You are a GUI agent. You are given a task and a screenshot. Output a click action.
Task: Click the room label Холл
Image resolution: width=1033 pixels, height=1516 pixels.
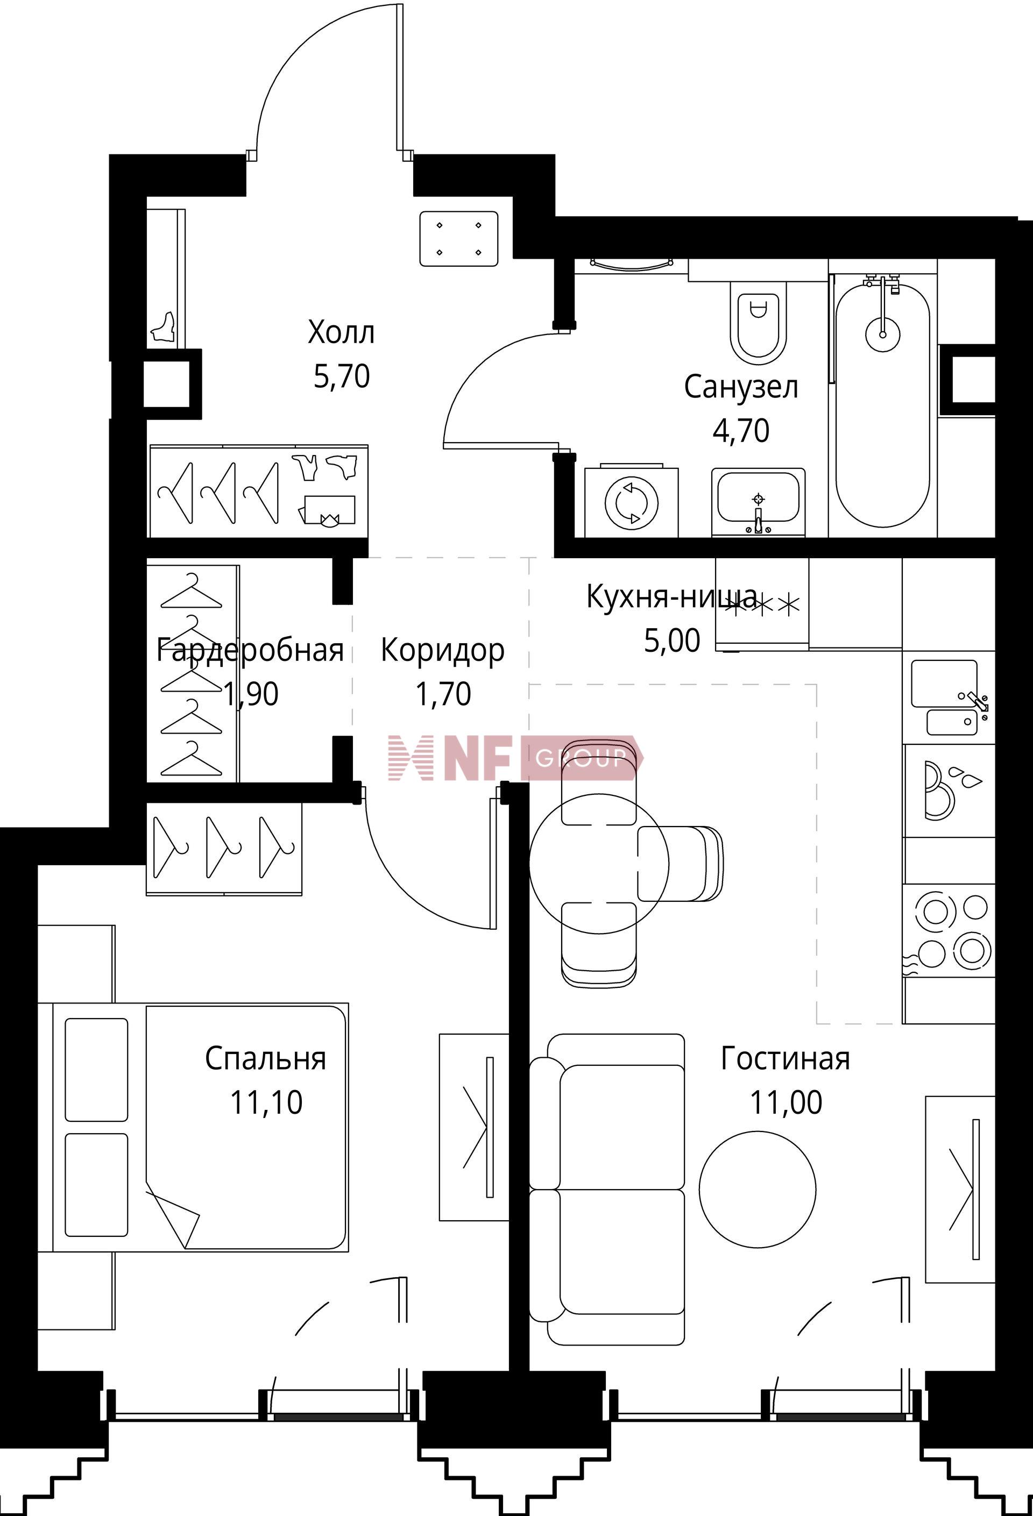(341, 333)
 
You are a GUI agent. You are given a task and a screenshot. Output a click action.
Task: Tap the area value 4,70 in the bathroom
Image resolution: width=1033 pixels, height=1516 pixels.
(741, 431)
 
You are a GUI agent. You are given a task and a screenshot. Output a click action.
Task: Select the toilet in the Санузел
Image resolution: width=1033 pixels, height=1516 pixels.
(758, 322)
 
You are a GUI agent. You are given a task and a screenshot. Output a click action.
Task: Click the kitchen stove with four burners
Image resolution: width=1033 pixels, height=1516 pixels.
(950, 930)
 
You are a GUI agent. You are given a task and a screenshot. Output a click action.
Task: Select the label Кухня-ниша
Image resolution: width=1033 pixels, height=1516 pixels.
(672, 597)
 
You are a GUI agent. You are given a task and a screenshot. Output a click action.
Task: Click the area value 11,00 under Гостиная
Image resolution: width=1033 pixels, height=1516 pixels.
(786, 1103)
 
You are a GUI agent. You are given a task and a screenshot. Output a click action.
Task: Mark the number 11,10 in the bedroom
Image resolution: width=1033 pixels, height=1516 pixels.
(266, 1103)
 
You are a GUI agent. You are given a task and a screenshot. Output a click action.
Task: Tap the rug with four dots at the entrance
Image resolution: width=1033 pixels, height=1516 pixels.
(459, 239)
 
